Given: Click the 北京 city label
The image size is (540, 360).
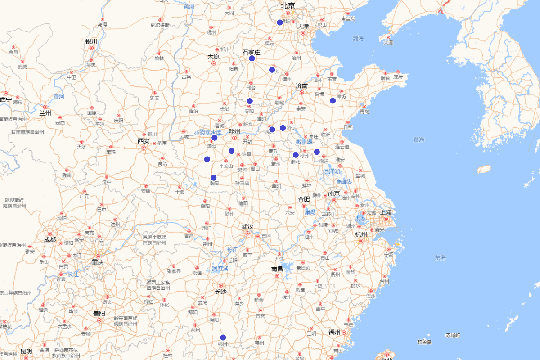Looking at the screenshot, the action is click(x=288, y=6).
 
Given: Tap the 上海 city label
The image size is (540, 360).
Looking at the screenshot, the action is click(x=386, y=212).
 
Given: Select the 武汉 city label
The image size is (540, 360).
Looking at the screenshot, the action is click(x=247, y=227).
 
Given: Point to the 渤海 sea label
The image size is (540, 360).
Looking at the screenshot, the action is click(x=358, y=39).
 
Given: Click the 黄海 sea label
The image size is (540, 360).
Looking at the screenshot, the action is click(x=419, y=140).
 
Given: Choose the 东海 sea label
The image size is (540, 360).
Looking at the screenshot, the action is click(x=440, y=258).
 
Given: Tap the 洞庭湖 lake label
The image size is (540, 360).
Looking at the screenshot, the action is click(x=220, y=269).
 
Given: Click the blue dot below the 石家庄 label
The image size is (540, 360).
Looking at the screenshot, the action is click(x=252, y=58).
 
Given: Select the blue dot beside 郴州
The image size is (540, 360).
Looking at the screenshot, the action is click(x=223, y=337).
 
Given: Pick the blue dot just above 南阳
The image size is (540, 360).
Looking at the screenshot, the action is click(x=214, y=178).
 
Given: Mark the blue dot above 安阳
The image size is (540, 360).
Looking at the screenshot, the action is click(x=250, y=101).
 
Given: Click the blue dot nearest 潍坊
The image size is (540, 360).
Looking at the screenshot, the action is click(x=333, y=101).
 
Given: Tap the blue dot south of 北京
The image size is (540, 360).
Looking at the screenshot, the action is click(x=280, y=22).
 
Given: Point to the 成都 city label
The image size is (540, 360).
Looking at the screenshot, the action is click(x=50, y=240).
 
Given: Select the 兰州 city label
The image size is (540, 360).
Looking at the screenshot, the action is click(x=45, y=112).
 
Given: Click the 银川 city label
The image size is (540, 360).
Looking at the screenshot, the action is click(x=91, y=41).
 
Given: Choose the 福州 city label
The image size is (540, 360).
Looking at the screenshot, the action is click(x=334, y=332).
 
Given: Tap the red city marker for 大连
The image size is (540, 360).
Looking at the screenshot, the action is click(x=388, y=37).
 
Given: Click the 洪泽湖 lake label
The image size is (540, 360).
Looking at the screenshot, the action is click(x=332, y=171).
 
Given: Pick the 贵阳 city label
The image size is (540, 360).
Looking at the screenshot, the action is click(x=99, y=313).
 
